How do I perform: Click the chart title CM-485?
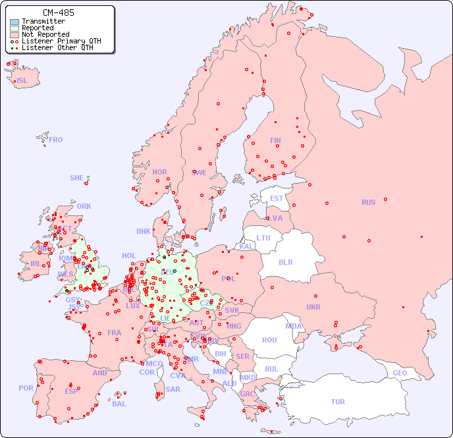coord(58,13)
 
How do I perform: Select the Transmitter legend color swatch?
coord(14,22)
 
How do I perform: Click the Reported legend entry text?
coord(38,28)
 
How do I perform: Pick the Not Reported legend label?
coord(45,35)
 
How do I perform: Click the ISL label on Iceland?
coord(22,81)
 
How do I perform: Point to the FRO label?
coord(56,140)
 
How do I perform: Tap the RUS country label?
coord(368,202)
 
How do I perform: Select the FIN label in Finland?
coord(275,140)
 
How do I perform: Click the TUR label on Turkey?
coord(338,402)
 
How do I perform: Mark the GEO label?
coord(400,373)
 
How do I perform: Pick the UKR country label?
coord(313,307)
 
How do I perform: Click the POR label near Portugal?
coord(26,388)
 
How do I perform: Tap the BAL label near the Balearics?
coord(119,404)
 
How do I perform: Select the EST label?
coord(277,198)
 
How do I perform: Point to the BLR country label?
coord(286,261)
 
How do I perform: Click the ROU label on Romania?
coord(269,340)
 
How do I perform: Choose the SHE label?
coord(77,178)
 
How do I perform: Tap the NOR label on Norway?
coord(159,172)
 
